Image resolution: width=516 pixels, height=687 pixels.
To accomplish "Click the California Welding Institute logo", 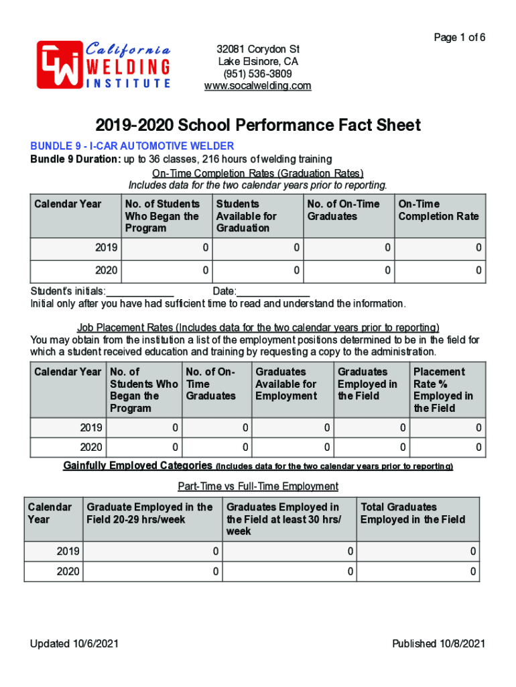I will point(103,64).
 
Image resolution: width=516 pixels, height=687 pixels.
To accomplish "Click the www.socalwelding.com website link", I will point(258,86).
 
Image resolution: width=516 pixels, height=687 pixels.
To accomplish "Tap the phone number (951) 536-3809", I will point(258,74).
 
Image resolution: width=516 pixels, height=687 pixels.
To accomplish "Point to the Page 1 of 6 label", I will point(459,38).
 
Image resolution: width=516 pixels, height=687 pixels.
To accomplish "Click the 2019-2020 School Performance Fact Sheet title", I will point(258,125).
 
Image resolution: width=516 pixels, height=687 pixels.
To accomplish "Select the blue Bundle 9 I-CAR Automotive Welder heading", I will point(131,146).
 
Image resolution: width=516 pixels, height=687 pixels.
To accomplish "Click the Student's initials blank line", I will point(140,291).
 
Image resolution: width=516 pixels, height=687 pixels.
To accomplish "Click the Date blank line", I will point(273,291).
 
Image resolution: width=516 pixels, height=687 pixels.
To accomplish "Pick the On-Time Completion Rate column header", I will point(439,210).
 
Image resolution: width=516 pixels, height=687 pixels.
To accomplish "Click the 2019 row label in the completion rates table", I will point(107,248).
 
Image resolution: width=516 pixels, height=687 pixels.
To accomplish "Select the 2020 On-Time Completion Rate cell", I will point(440,271).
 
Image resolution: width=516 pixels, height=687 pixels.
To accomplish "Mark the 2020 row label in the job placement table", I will point(91,447).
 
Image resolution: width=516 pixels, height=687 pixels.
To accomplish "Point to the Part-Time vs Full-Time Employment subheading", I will point(258,486).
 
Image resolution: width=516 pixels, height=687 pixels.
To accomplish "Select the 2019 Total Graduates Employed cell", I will point(418,551).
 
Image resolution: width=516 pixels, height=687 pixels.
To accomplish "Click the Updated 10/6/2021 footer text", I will point(74,644).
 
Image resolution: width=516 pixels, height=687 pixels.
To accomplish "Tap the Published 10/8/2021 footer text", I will point(438,644).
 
